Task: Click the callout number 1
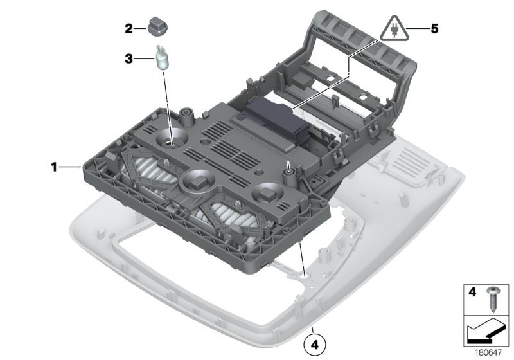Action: coord(55,167)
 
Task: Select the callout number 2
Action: coord(128,28)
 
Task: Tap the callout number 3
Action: coord(128,59)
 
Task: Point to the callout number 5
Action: coord(434,29)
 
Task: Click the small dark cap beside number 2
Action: coord(155,27)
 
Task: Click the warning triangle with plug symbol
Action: coord(394,29)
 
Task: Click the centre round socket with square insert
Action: coord(198,181)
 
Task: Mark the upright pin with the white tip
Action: coord(289,166)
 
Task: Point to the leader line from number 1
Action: coord(71,167)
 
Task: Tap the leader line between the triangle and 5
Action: coord(417,29)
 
